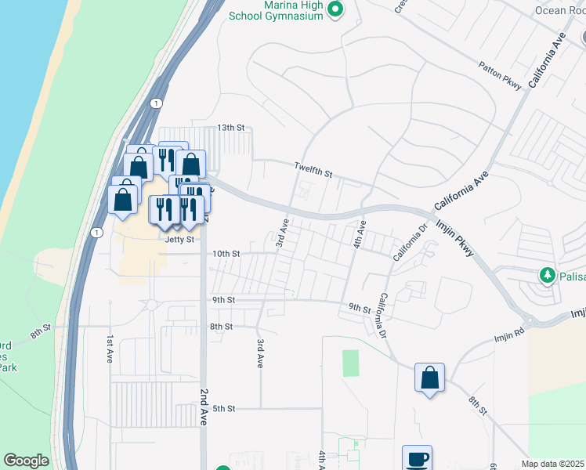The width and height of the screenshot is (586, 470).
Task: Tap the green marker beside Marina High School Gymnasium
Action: click(336, 10)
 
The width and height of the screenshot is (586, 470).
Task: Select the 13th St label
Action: click(231, 127)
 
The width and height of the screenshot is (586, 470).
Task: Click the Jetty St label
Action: click(179, 240)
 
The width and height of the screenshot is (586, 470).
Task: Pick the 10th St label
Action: click(226, 254)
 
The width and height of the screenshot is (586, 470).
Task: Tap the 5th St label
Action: click(224, 408)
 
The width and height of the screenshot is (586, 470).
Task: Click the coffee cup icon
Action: click(417, 458)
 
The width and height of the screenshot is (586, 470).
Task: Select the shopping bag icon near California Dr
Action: click(429, 378)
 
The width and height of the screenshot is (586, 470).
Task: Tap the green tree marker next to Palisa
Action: click(547, 276)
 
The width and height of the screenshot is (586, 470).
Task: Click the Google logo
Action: click(26, 461)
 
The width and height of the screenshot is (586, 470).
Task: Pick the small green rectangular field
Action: click(350, 363)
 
